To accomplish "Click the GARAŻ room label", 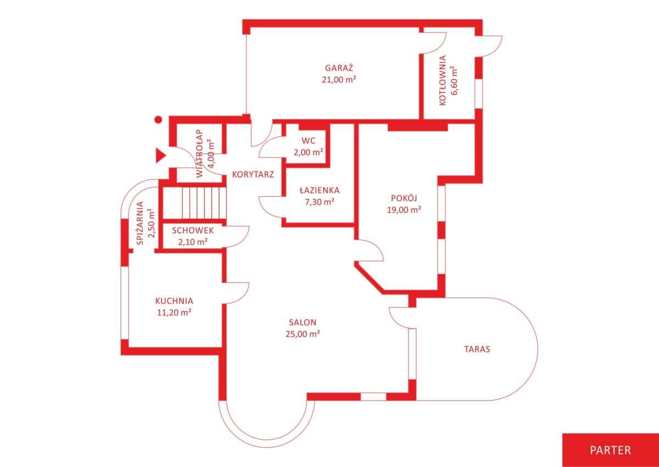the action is tap(339, 68).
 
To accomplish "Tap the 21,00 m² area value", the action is tap(339, 80).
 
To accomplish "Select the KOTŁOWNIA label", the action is tap(442, 80).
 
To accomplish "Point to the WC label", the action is tap(308, 140).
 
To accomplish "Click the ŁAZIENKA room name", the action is tap(320, 191).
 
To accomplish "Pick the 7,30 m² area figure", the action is tap(320, 202).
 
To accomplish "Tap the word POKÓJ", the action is tap(404, 198).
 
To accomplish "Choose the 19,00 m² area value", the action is tap(404, 210).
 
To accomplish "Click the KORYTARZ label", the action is tap(253, 175).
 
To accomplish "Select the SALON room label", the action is tap(303, 322).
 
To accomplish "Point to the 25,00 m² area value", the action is tap(303, 334).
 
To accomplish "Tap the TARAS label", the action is tap(477, 349).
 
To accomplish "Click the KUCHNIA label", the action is tap(174, 301).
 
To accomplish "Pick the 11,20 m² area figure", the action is tap(174, 313).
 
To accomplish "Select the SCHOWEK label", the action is tap(193, 230).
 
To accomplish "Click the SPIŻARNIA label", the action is tap(141, 223).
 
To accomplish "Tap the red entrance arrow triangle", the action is tap(160, 155).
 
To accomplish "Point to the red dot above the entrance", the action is tap(159, 119).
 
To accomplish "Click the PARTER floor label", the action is tap(611, 450).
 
